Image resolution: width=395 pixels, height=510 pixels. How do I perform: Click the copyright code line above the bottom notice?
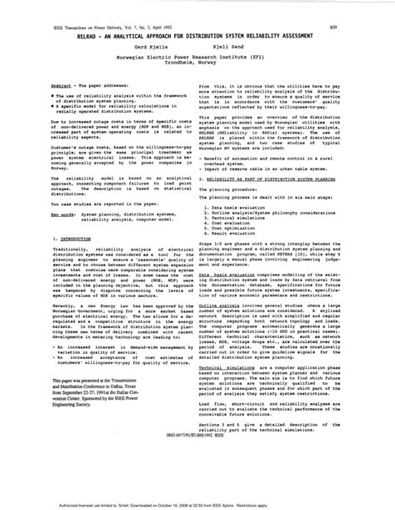[197, 480]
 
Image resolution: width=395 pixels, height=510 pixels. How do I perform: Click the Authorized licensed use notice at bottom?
[197, 504]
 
